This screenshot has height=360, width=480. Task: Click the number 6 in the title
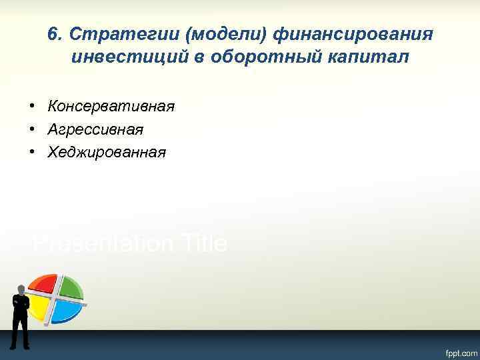(53, 33)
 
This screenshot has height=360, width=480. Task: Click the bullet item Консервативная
(111, 106)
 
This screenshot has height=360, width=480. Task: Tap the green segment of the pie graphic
(70, 287)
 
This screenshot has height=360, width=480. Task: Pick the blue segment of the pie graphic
(67, 310)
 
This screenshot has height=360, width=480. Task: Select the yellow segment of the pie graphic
(40, 307)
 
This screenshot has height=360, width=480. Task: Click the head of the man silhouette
(21, 289)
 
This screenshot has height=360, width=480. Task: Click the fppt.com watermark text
(457, 351)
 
